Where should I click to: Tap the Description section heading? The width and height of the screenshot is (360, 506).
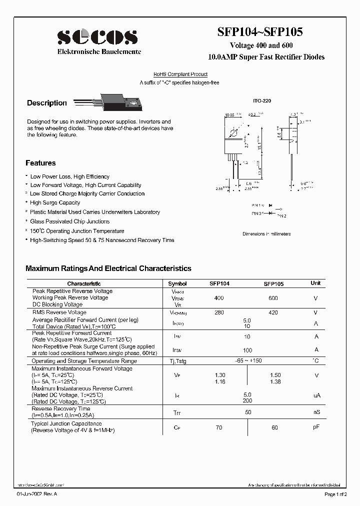coord(46,103)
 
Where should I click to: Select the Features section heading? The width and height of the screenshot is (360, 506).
coord(40,163)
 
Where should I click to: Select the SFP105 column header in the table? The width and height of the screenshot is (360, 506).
coord(273,283)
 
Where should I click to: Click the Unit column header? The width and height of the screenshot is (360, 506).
coord(315,283)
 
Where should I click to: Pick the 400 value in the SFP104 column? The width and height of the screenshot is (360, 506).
coord(218,298)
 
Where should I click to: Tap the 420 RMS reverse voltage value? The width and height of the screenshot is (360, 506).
coord(273,312)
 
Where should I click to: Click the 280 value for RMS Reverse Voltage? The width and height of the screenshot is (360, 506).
coord(218,312)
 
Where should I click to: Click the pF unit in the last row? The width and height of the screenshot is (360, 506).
coord(316,426)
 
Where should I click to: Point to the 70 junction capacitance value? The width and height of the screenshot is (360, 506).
coord(218,427)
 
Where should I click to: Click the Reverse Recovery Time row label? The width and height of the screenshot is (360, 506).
coord(61,408)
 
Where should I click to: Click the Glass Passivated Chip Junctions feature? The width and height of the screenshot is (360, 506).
coord(69,221)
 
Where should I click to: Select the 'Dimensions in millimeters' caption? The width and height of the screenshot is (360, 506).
coord(266,233)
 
